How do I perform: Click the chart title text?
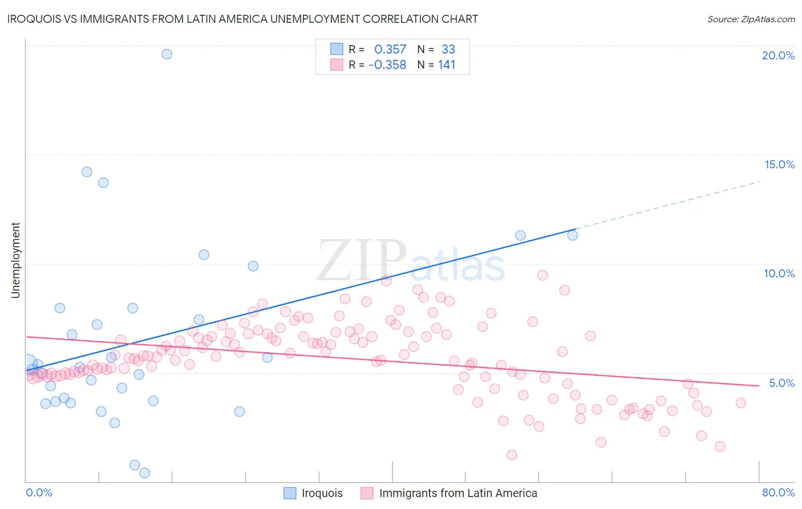(242, 19)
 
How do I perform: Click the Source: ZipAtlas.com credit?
(751, 19)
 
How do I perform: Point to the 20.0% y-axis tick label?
(778, 55)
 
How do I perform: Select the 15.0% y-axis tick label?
(779, 164)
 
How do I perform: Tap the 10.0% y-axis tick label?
(779, 273)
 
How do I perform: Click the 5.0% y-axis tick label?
(781, 383)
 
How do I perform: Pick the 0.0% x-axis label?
(39, 492)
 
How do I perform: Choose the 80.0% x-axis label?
(778, 492)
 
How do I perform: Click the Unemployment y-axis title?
(15, 260)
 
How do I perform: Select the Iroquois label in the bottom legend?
(322, 493)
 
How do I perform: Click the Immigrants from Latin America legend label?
(458, 493)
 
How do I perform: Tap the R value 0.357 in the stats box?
(390, 50)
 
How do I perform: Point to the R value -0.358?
(387, 65)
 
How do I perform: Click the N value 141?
(447, 65)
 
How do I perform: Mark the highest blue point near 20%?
(167, 54)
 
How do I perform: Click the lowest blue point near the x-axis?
(145, 472)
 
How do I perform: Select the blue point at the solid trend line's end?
(573, 235)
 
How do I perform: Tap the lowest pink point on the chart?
(512, 455)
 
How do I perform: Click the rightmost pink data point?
(740, 403)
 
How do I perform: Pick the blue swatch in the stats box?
(337, 50)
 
